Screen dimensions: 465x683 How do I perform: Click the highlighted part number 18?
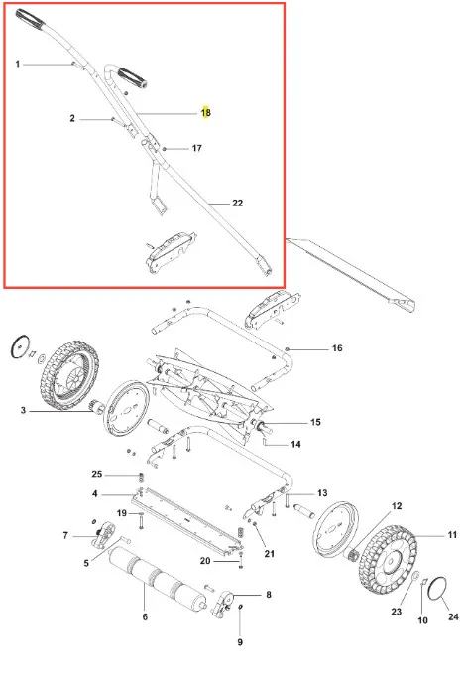coord(206,113)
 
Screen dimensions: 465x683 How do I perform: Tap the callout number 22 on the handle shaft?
coord(238,203)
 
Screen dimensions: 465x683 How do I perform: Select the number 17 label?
coord(196,148)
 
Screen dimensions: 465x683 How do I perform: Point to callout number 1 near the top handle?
coord(18,64)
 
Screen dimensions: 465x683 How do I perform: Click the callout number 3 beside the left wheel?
coord(23,410)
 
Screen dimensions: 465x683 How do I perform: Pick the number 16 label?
coord(337,348)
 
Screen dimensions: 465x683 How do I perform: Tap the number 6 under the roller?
coord(145,616)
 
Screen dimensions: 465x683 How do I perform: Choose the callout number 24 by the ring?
coord(453,616)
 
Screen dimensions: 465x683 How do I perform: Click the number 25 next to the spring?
coord(96,474)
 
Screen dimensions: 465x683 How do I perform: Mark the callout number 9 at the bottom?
coord(240,642)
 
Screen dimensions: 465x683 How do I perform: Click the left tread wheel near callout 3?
coord(69,375)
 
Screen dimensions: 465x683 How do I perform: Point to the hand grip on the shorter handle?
coord(133,77)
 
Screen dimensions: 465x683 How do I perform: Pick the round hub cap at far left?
coord(20,347)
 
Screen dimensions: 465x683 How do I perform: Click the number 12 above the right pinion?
coord(397,506)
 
